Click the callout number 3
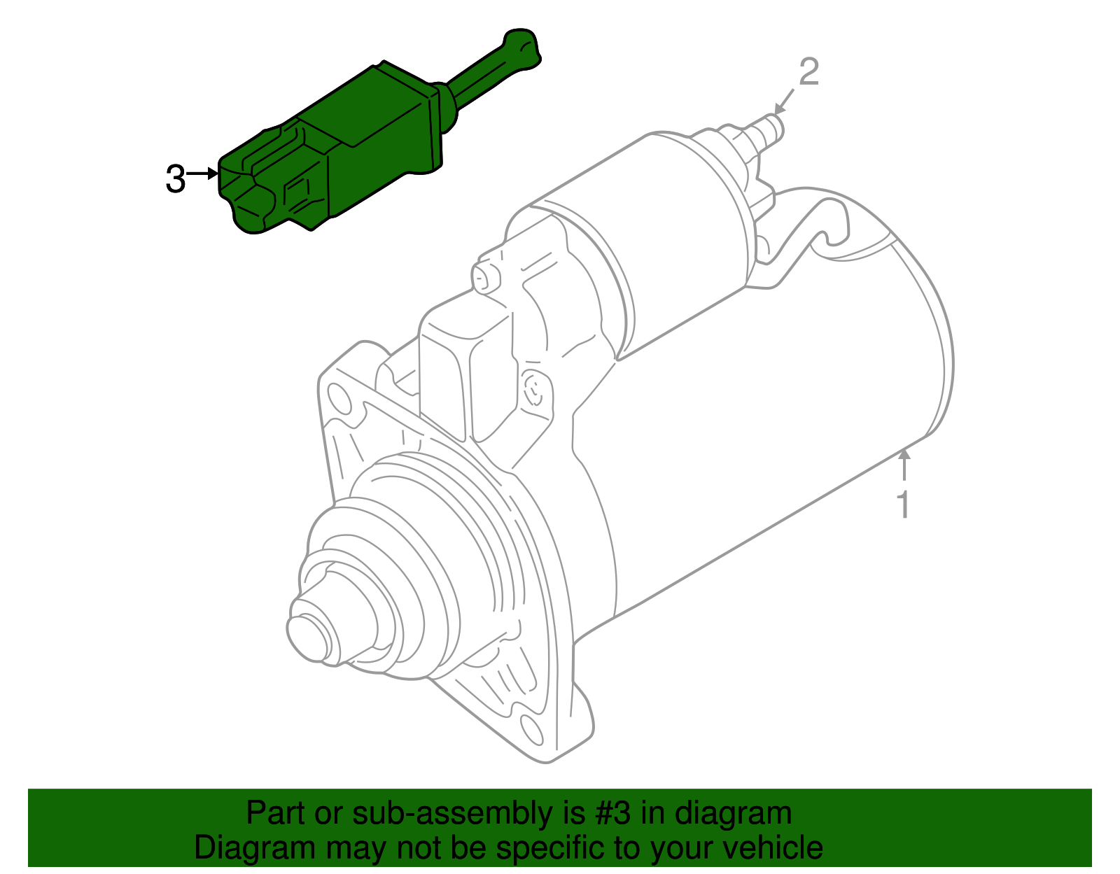pos(175,178)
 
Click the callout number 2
pos(808,72)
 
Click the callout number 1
pos(904,505)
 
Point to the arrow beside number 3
pos(204,173)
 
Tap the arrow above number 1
pos(904,465)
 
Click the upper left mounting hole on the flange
pos(340,400)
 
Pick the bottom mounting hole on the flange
pos(532,730)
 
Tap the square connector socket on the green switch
pos(300,192)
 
